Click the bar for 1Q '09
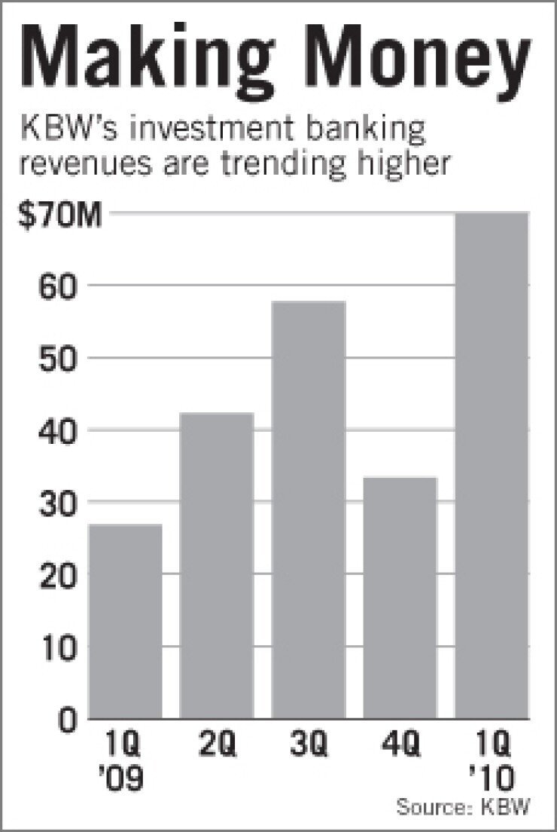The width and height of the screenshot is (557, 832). point(125,621)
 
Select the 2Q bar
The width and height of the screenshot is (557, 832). point(217,565)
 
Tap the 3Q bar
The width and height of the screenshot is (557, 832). point(309,509)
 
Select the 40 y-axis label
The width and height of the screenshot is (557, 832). point(59,431)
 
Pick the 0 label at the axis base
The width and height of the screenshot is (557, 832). point(69,719)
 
